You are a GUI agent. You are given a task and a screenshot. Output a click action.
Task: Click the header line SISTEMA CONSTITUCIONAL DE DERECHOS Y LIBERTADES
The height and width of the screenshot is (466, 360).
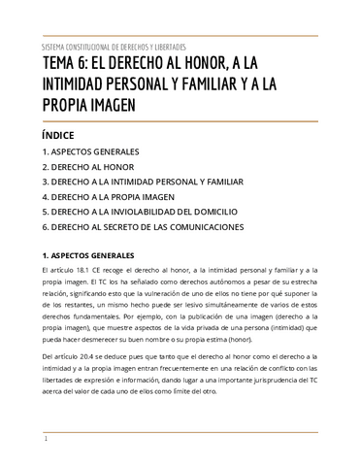[x=115, y=46]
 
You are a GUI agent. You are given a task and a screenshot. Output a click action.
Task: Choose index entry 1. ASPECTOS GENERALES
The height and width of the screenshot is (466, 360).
[x=90, y=152]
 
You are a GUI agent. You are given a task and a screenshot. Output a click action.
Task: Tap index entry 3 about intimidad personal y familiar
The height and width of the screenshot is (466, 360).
[x=142, y=182]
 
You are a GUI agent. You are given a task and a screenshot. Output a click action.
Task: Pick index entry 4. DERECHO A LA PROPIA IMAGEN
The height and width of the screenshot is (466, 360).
[x=115, y=196]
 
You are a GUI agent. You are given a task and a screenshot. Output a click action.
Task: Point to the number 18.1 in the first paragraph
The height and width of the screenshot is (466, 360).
[x=86, y=267]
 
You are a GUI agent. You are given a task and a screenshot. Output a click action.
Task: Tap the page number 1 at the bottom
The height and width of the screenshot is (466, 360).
[x=45, y=440]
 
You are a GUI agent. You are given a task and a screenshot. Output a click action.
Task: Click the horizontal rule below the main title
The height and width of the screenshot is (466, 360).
[x=180, y=120]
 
